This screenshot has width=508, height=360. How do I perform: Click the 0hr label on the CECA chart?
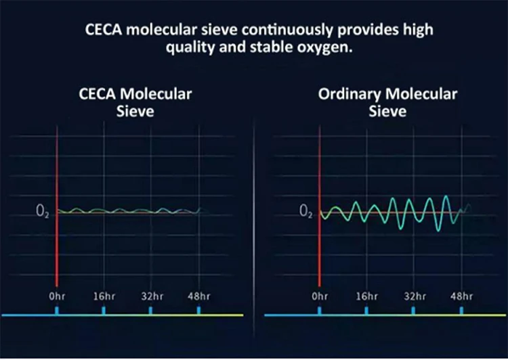click(x=57, y=296)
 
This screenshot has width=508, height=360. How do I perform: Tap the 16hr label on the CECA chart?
click(x=104, y=296)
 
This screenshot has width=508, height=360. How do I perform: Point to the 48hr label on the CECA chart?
click(x=199, y=296)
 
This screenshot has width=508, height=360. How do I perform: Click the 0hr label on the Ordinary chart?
click(x=320, y=296)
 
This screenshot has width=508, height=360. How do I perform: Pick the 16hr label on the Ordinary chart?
click(x=366, y=296)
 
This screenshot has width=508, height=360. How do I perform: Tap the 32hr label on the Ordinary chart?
click(x=413, y=296)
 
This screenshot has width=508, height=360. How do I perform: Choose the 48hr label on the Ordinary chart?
click(x=461, y=296)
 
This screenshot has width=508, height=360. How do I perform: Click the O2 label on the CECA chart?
click(x=42, y=212)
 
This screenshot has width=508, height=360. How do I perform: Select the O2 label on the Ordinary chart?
click(x=305, y=212)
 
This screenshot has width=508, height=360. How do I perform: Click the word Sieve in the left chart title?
click(x=132, y=110)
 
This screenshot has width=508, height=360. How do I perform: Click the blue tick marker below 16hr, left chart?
click(x=104, y=310)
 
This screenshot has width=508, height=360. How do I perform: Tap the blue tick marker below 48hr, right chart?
click(x=461, y=310)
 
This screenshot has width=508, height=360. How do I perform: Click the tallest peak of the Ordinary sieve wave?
click(x=446, y=197)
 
